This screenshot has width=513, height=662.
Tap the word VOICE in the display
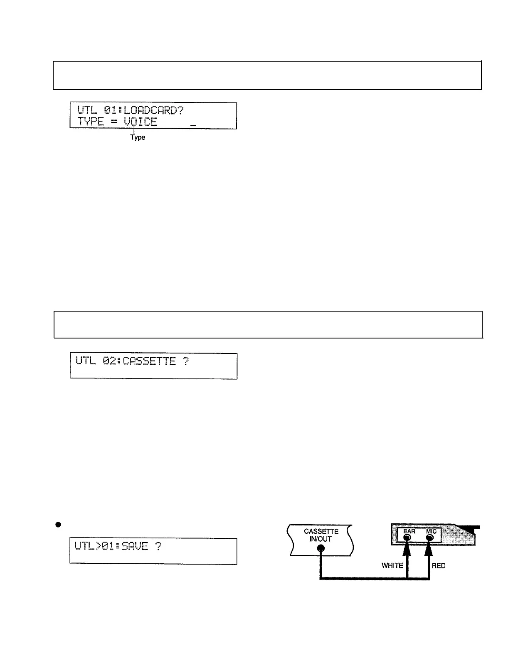click(140, 122)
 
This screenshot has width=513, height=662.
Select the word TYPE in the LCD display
click(90, 122)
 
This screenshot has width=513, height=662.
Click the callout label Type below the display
click(138, 137)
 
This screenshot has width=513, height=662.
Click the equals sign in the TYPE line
click(113, 122)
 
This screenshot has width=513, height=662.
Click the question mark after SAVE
click(158, 546)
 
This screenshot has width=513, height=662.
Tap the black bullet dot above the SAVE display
click(59, 525)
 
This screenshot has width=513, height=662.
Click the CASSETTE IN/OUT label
click(321, 535)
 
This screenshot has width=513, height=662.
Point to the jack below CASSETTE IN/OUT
click(321, 549)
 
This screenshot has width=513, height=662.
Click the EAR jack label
click(409, 531)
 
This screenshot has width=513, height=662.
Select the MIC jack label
click(431, 531)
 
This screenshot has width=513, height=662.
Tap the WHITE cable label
click(392, 565)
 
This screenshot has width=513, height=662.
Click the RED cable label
click(439, 565)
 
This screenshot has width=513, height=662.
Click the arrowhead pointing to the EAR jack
click(407, 549)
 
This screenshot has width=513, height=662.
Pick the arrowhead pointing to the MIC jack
click(429, 549)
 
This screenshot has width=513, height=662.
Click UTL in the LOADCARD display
click(87, 110)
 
